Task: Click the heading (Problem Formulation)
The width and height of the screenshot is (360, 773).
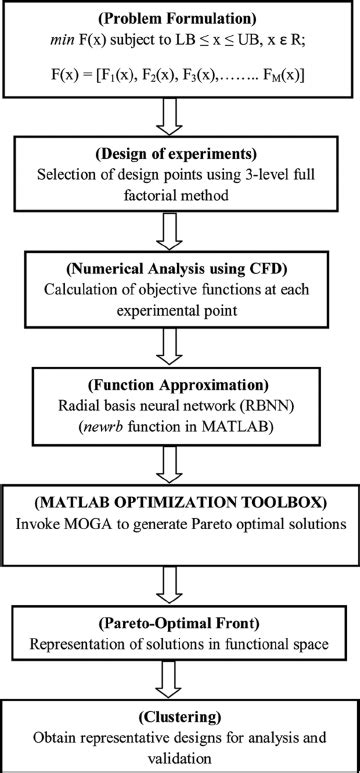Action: pyautogui.click(x=180, y=18)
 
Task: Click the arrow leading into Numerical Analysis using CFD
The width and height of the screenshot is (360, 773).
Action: pyautogui.click(x=180, y=236)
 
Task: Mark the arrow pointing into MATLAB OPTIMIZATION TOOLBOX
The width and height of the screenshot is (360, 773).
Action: pyautogui.click(x=180, y=464)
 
